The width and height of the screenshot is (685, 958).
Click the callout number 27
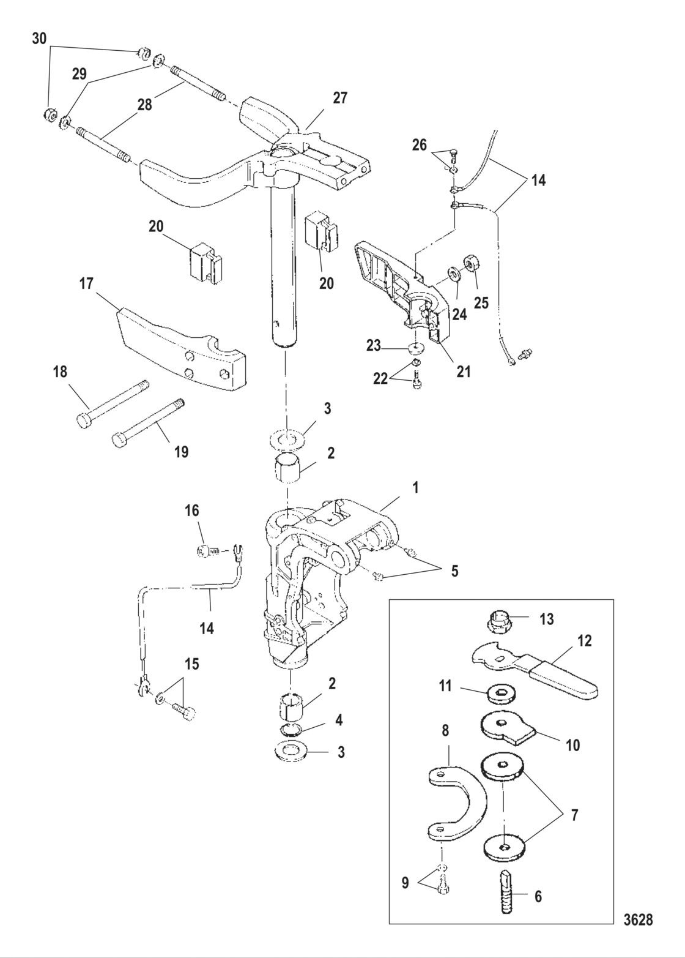(x=340, y=98)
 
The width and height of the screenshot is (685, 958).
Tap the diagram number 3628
(x=638, y=919)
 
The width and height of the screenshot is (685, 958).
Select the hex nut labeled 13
(x=500, y=622)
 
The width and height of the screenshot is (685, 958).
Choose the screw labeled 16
(x=206, y=552)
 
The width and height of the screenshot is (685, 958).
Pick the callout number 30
(x=39, y=39)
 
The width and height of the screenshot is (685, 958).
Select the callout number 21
(x=464, y=370)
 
